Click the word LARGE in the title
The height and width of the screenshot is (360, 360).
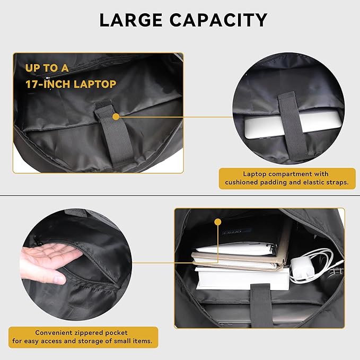(134, 20)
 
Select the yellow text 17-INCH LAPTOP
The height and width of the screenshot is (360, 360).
(71, 84)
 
